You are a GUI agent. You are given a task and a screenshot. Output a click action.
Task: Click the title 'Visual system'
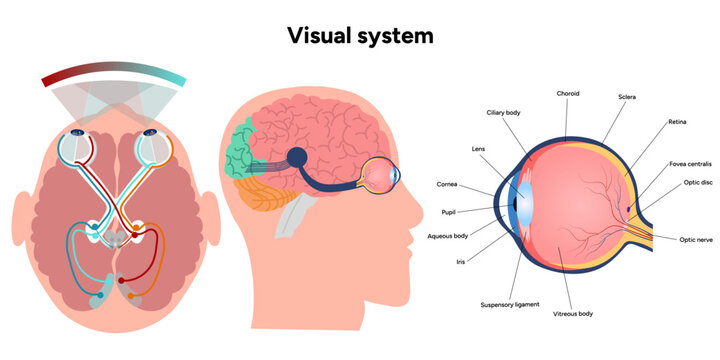click(x=360, y=35)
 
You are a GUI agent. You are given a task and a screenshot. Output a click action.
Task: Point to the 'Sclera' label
click(x=627, y=97)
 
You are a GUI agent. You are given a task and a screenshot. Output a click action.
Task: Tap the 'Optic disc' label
click(x=697, y=182)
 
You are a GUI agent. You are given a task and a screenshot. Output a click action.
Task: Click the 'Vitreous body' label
click(x=572, y=313)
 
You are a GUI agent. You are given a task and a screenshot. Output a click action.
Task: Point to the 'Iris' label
click(x=460, y=261)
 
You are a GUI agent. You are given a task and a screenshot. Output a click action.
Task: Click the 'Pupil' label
click(x=448, y=212)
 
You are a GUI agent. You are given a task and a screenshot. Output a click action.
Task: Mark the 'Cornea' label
click(x=447, y=184)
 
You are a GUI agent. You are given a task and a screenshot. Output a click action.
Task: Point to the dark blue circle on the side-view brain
click(x=297, y=158)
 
